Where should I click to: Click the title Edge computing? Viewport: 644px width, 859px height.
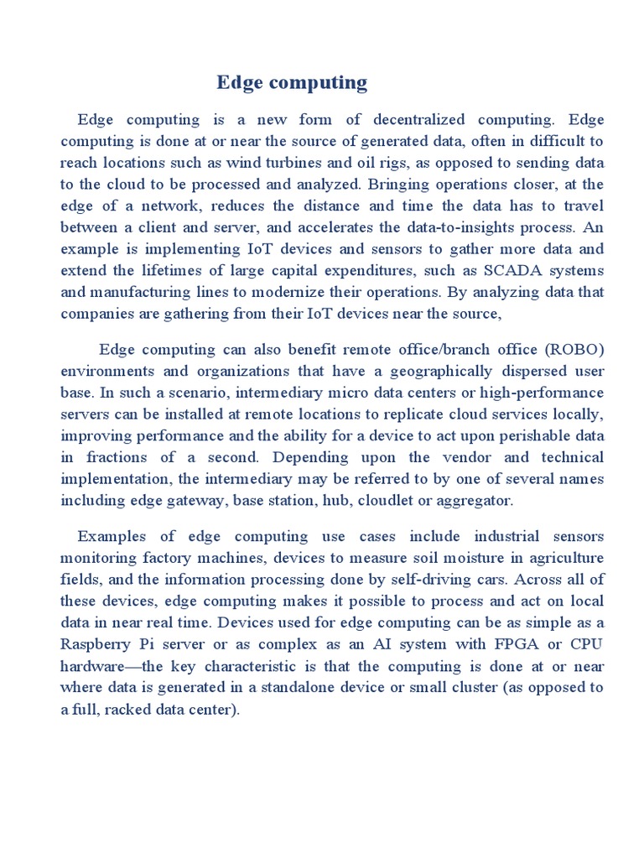292,82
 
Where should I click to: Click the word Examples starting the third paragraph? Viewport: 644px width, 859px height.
111,537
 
